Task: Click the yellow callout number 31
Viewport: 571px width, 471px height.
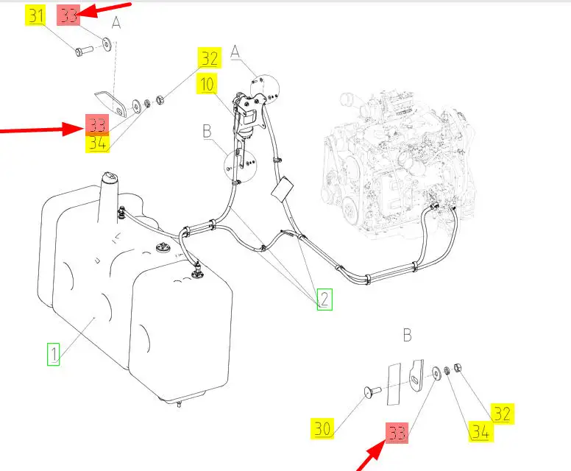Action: tap(35, 15)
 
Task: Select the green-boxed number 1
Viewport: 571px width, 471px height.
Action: tap(53, 354)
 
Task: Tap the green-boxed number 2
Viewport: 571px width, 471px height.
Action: tap(324, 299)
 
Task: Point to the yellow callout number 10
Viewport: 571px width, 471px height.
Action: tap(207, 84)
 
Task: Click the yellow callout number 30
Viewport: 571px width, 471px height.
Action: tap(322, 429)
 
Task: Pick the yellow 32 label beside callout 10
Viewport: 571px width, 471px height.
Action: tap(210, 58)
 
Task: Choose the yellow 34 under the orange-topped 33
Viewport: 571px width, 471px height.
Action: tap(97, 144)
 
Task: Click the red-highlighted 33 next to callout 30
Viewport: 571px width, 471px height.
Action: tap(397, 433)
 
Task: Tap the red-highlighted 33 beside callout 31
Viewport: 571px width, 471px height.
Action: tap(68, 15)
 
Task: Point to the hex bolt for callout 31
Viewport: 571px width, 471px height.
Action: tap(84, 50)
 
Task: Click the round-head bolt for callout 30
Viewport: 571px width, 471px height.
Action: tap(372, 392)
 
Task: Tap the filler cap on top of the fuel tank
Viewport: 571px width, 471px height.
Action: tap(109, 177)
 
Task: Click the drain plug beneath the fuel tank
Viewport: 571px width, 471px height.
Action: tap(179, 403)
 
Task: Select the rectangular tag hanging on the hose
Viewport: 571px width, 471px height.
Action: tap(283, 188)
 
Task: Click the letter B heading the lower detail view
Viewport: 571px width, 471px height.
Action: tap(407, 335)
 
